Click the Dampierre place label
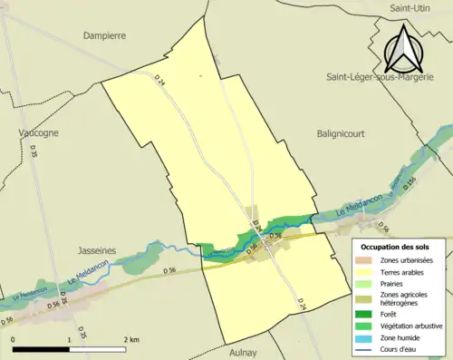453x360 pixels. (104, 35)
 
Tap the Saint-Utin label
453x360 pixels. (409, 8)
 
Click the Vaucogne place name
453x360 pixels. (38, 132)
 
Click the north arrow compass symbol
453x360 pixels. (404, 49)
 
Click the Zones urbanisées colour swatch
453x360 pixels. (368, 261)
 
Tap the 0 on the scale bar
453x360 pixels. (14, 340)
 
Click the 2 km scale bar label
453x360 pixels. (131, 340)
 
